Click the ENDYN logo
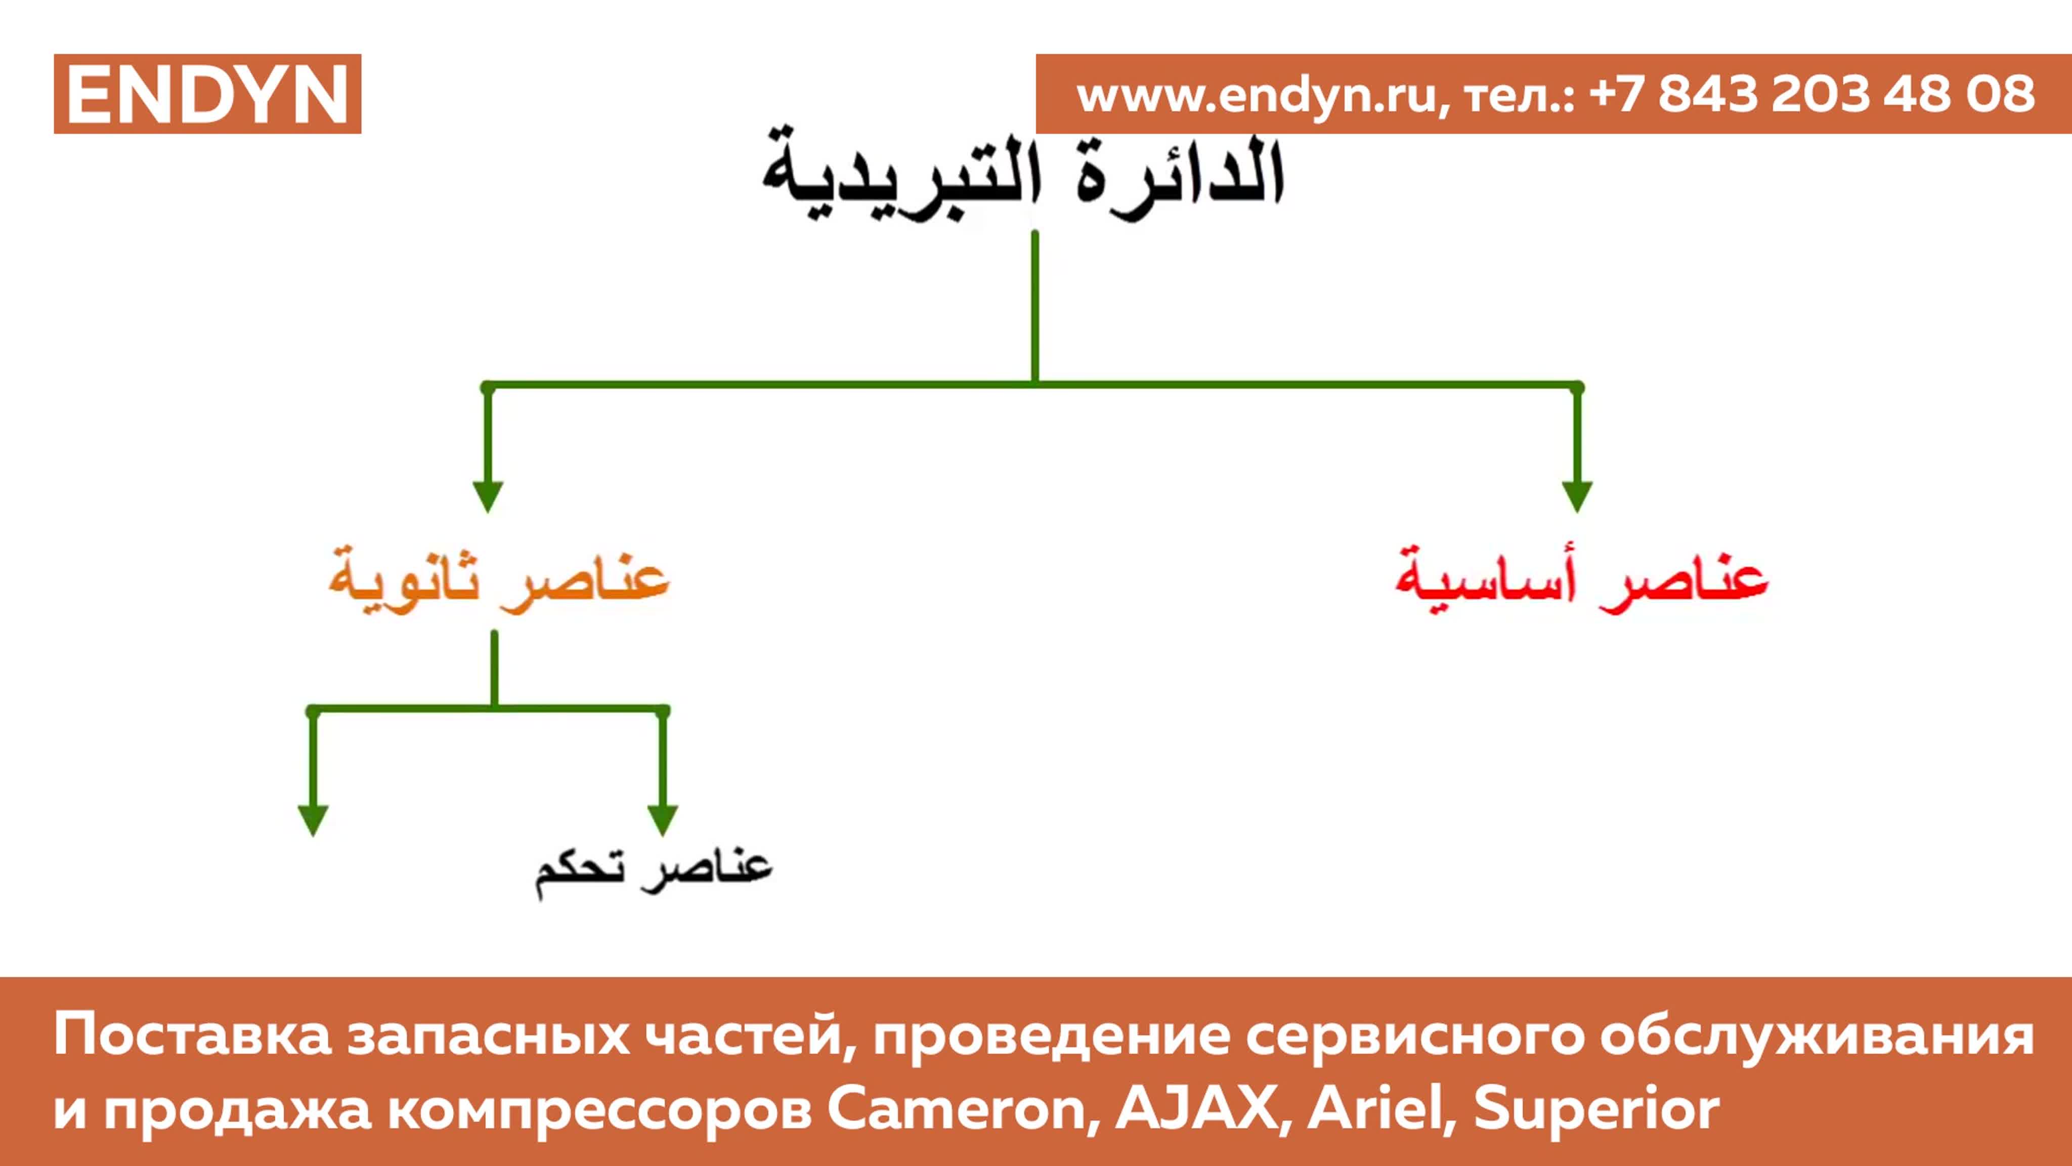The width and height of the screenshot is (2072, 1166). pos(207,94)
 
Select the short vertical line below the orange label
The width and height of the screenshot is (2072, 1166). pos(494,669)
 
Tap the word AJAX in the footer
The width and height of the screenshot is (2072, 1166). pos(1198,1108)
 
